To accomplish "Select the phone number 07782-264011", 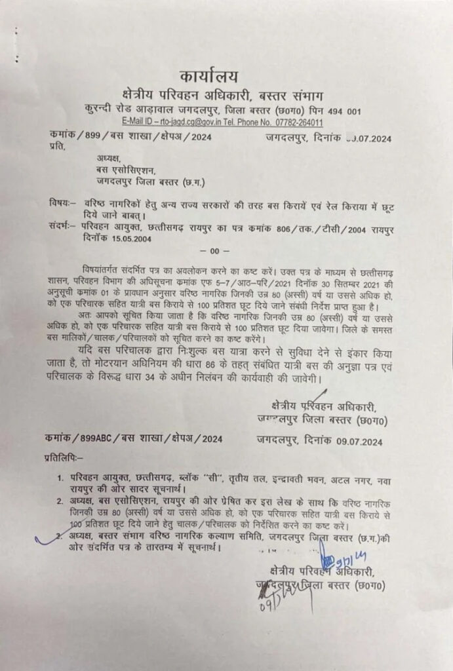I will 298,123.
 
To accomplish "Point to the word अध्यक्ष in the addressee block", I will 109,158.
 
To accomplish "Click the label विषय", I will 61,201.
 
